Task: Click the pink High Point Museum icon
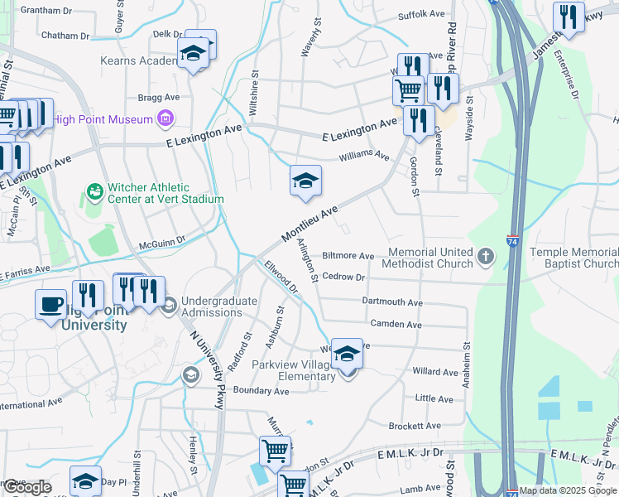[x=166, y=119]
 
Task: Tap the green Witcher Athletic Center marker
[x=95, y=193]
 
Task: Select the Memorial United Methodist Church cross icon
[x=485, y=258]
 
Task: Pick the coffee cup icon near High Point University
[x=50, y=303]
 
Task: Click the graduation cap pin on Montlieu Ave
[x=305, y=181]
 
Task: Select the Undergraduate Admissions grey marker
[x=170, y=306]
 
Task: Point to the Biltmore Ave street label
[x=348, y=256]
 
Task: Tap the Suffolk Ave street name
[x=422, y=15]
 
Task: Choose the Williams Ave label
[x=364, y=155]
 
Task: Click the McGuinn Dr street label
[x=162, y=244]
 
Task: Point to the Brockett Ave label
[x=415, y=426]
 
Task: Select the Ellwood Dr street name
[x=281, y=277]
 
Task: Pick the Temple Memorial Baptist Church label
[x=573, y=258]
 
